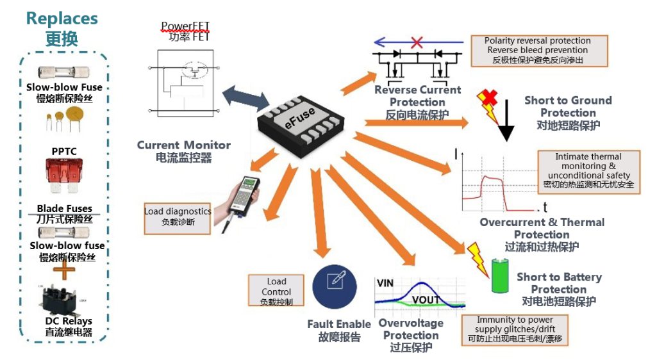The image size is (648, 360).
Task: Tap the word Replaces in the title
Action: point(62,19)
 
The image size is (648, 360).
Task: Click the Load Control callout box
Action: point(277,291)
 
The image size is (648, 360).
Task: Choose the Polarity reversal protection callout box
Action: point(538,51)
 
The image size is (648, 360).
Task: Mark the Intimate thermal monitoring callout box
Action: point(588,170)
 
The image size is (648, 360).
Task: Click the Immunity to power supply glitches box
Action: point(514,329)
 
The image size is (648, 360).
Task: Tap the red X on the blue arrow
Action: point(417,43)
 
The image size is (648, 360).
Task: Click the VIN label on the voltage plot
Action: point(386,282)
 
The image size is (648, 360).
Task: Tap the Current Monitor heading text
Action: point(183,145)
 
